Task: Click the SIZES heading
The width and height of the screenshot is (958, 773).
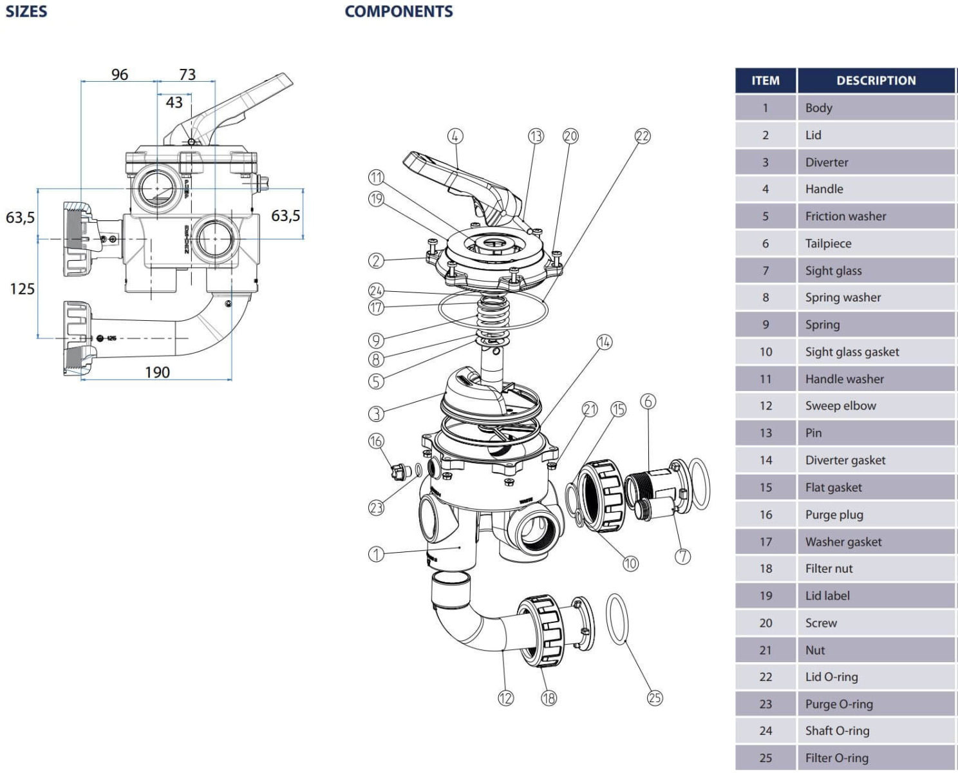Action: coord(26,12)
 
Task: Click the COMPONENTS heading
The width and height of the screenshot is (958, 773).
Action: coord(399,12)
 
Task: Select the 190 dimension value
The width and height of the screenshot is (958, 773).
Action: coord(157,372)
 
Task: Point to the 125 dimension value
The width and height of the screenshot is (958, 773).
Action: coord(22,289)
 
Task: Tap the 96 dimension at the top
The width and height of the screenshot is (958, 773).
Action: coord(120,75)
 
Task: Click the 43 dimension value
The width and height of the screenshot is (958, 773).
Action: coord(174,102)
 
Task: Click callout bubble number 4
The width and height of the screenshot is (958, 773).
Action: coord(455,136)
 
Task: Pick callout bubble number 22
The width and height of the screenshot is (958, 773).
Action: coord(643,136)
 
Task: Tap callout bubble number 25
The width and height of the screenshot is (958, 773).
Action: coord(655,698)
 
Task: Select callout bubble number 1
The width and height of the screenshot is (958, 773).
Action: coord(376,554)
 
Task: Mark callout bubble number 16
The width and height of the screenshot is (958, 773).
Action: coord(376,441)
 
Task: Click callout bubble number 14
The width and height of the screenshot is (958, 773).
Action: coord(604,342)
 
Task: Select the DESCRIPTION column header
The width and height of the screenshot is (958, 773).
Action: coord(876,81)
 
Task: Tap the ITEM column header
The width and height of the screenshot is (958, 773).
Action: coord(765,81)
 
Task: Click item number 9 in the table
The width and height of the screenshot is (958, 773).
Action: coord(765,325)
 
